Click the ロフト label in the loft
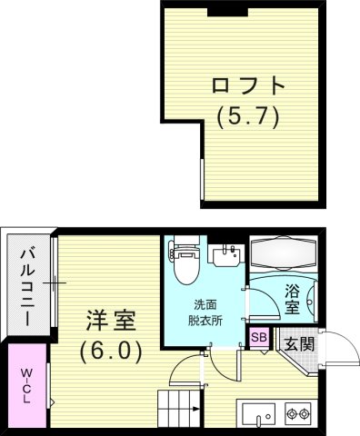click(247, 88)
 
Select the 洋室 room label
click(111, 321)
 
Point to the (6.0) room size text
click(111, 351)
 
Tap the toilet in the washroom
click(185, 259)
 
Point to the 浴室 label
click(291, 301)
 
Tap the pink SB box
click(259, 338)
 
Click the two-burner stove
click(298, 414)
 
